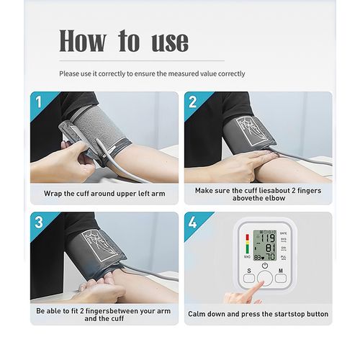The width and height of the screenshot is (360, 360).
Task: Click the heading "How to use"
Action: click(123, 41)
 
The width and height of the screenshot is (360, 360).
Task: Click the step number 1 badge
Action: click(39, 101)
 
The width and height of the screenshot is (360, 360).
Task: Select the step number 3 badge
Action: click(39, 222)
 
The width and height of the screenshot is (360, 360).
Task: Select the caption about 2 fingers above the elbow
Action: click(257, 194)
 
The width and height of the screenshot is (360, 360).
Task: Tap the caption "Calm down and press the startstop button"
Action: click(258, 314)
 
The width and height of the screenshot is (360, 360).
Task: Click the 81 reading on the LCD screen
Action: click(267, 246)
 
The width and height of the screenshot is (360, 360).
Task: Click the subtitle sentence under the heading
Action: click(152, 73)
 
